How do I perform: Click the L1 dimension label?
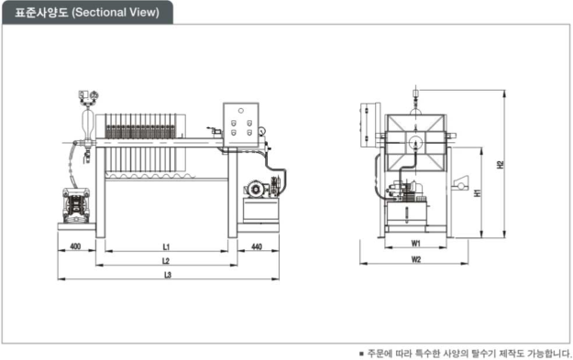pos(166,247)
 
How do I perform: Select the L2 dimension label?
pos(166,261)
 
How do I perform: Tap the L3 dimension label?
pos(168,275)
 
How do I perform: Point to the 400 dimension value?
pos(75,246)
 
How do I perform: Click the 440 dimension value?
pos(257,246)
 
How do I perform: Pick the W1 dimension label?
pos(416,243)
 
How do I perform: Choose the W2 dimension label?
pos(416,259)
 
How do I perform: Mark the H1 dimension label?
pos(478,192)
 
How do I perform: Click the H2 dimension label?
pos(500,164)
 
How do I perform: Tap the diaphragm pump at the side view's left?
pos(76,205)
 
